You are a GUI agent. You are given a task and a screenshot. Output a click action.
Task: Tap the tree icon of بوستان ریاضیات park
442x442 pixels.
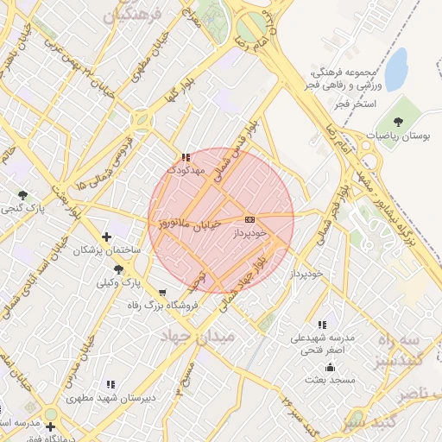[x=398, y=122]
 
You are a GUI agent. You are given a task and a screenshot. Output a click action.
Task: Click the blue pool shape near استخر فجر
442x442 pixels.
[x=395, y=69]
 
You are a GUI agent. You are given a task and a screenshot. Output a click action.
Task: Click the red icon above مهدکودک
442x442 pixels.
[x=186, y=158]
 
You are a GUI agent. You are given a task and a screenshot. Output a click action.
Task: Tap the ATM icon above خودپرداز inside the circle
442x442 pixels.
[x=250, y=219]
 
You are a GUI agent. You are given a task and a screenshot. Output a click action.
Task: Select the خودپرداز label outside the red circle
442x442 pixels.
[x=306, y=273]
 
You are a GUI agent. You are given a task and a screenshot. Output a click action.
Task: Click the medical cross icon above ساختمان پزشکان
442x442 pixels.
[x=106, y=237]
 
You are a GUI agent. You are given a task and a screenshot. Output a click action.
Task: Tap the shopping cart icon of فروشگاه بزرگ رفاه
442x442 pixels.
[x=163, y=293]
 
